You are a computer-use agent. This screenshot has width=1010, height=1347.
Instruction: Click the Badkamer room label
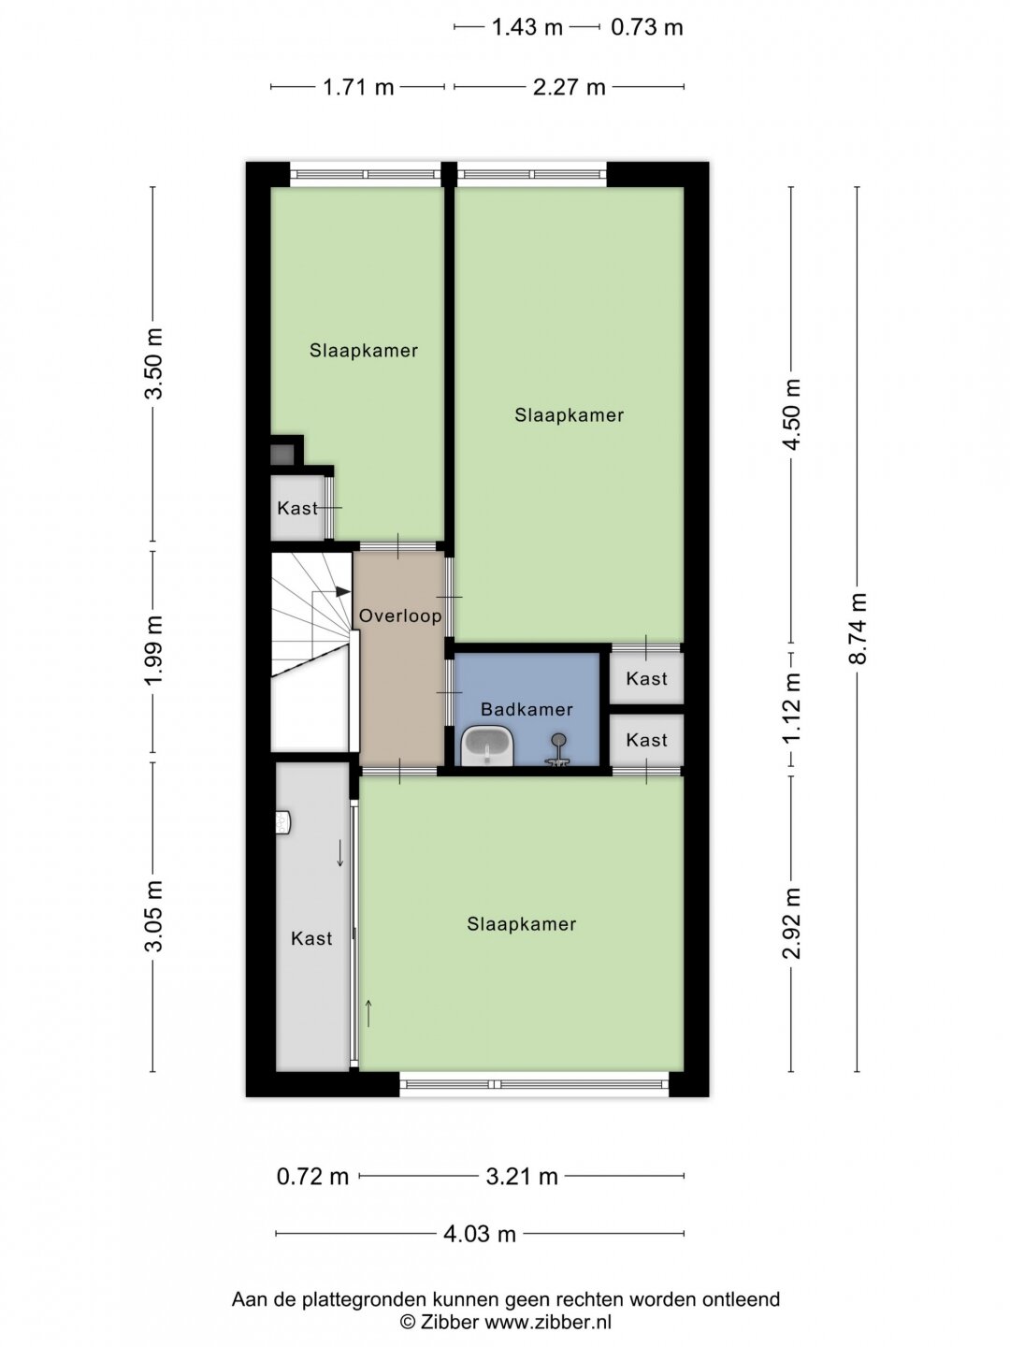coord(527,709)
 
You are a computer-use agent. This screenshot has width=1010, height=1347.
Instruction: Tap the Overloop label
coord(400,616)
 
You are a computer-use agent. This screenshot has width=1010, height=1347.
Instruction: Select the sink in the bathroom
coord(487,746)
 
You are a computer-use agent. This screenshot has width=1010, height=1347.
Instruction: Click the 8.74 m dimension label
coord(858,629)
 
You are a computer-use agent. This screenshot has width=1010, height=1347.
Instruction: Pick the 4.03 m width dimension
coord(480,1234)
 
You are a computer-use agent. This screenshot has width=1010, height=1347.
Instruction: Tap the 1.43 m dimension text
coord(527,28)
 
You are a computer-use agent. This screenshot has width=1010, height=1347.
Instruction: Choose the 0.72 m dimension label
coord(312,1177)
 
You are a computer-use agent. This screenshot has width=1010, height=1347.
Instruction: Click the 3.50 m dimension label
coord(153,364)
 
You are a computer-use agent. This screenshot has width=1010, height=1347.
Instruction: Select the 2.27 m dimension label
coord(570,88)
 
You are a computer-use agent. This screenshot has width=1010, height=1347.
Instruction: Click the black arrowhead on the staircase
coord(343,591)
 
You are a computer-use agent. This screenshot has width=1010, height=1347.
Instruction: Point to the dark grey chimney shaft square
coord(282,454)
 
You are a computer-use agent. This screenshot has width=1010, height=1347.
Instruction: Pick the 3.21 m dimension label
coord(522,1177)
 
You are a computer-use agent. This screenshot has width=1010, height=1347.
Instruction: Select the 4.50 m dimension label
coord(792,414)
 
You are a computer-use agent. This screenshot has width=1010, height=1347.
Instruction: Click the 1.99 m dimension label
coord(153,650)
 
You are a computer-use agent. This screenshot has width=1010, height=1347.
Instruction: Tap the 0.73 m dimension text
coord(647,28)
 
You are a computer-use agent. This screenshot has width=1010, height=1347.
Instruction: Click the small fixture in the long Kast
coord(282,823)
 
